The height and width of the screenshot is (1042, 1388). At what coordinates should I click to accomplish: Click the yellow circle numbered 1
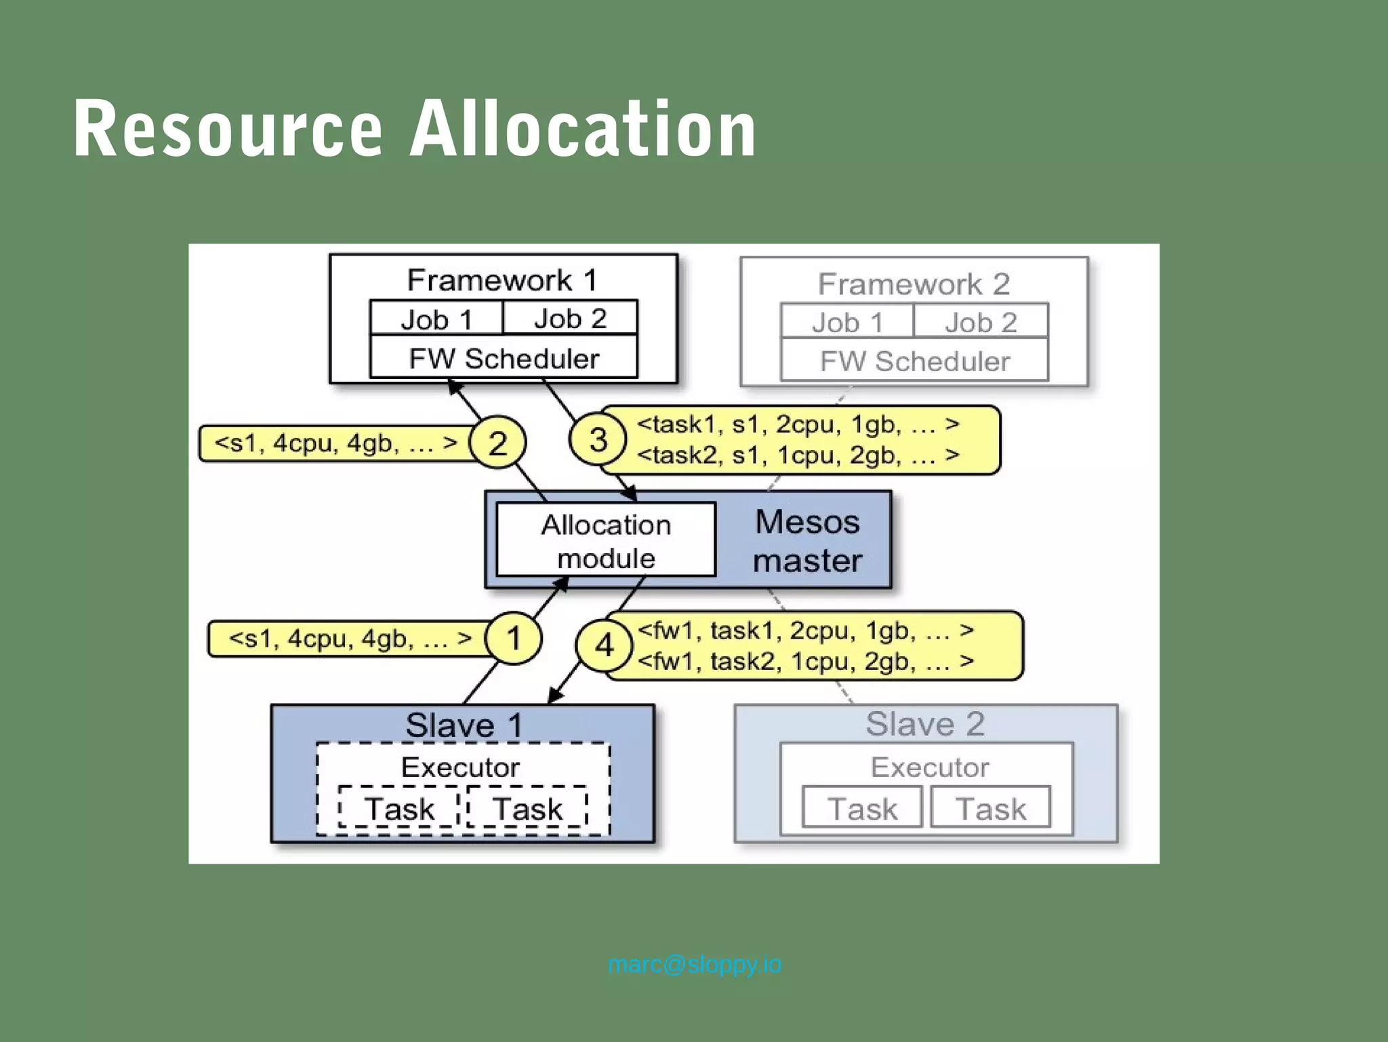pyautogui.click(x=514, y=638)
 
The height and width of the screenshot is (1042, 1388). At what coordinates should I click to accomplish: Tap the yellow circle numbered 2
pyautogui.click(x=497, y=443)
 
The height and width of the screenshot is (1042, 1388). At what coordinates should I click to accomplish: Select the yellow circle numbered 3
pyautogui.click(x=598, y=439)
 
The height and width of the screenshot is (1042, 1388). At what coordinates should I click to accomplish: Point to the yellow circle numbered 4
pyautogui.click(x=604, y=645)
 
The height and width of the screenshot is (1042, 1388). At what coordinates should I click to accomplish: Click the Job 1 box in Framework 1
pyautogui.click(x=436, y=319)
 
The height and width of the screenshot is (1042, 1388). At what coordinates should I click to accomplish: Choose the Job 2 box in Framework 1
pyautogui.click(x=570, y=318)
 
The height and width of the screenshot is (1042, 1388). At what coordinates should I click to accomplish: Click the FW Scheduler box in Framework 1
pyautogui.click(x=504, y=358)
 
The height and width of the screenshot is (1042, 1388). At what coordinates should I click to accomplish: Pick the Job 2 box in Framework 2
pyautogui.click(x=981, y=322)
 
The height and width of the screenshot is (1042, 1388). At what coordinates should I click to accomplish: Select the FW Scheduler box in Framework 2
pyautogui.click(x=914, y=361)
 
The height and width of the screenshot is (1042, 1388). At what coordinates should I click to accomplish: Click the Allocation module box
pyautogui.click(x=606, y=541)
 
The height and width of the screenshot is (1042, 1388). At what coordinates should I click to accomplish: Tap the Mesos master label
pyautogui.click(x=807, y=541)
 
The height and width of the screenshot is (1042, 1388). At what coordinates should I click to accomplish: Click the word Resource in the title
pyautogui.click(x=228, y=129)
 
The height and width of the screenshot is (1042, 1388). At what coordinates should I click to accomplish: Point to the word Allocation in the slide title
pyautogui.click(x=583, y=129)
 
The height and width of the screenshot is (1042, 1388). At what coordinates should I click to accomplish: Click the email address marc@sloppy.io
pyautogui.click(x=695, y=964)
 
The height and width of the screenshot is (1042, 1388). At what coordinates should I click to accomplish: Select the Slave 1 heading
pyautogui.click(x=464, y=725)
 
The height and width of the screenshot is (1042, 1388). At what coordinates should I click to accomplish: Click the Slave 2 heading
pyautogui.click(x=925, y=723)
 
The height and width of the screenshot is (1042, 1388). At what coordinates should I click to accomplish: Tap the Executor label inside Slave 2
pyautogui.click(x=929, y=767)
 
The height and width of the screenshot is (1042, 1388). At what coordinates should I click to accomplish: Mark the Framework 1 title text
pyautogui.click(x=502, y=280)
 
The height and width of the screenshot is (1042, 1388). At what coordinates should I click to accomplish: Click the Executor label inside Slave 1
pyautogui.click(x=460, y=767)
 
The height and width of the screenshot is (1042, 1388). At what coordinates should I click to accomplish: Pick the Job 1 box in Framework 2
pyautogui.click(x=847, y=322)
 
